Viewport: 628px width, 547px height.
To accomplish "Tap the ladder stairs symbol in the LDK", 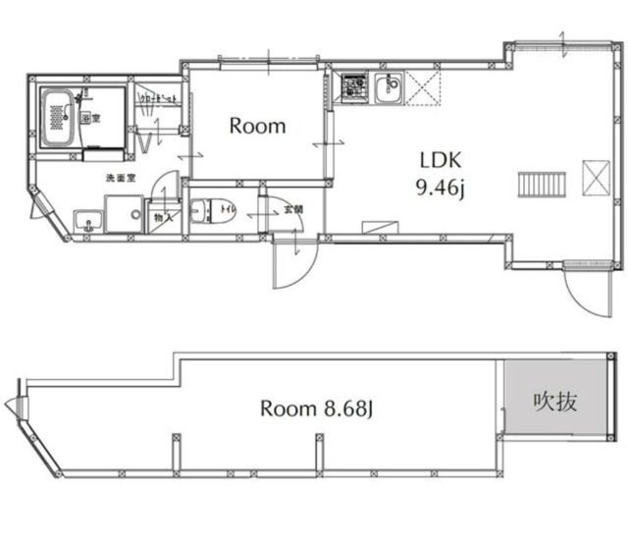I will pos(542,183).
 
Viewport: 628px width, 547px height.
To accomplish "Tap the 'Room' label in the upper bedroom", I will pos(257,126).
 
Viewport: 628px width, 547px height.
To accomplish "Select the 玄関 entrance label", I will pos(293,208).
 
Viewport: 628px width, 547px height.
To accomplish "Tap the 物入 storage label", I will pos(159,218).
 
